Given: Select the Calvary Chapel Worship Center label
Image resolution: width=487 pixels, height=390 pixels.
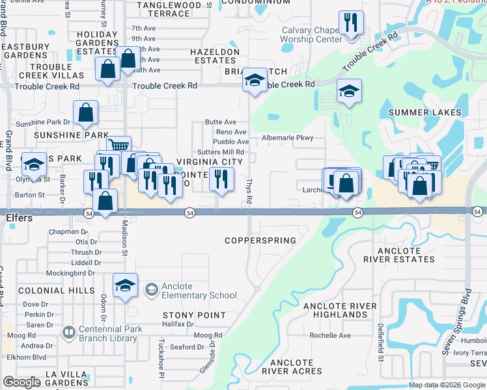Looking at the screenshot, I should [x=311, y=34].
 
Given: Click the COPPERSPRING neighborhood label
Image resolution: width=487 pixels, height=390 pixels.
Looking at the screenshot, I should [x=260, y=240].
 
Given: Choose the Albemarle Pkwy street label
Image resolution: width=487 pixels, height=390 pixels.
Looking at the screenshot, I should [x=287, y=138].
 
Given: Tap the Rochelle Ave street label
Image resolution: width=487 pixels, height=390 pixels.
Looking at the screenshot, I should [x=330, y=335].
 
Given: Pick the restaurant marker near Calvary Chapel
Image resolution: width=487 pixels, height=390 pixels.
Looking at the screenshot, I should [x=351, y=23].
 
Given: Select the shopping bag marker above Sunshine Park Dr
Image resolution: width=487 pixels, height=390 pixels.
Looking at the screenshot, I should [x=85, y=113].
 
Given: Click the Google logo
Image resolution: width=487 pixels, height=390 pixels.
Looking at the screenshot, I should [x=21, y=382].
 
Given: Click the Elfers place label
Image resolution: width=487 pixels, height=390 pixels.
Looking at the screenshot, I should [x=20, y=218].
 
